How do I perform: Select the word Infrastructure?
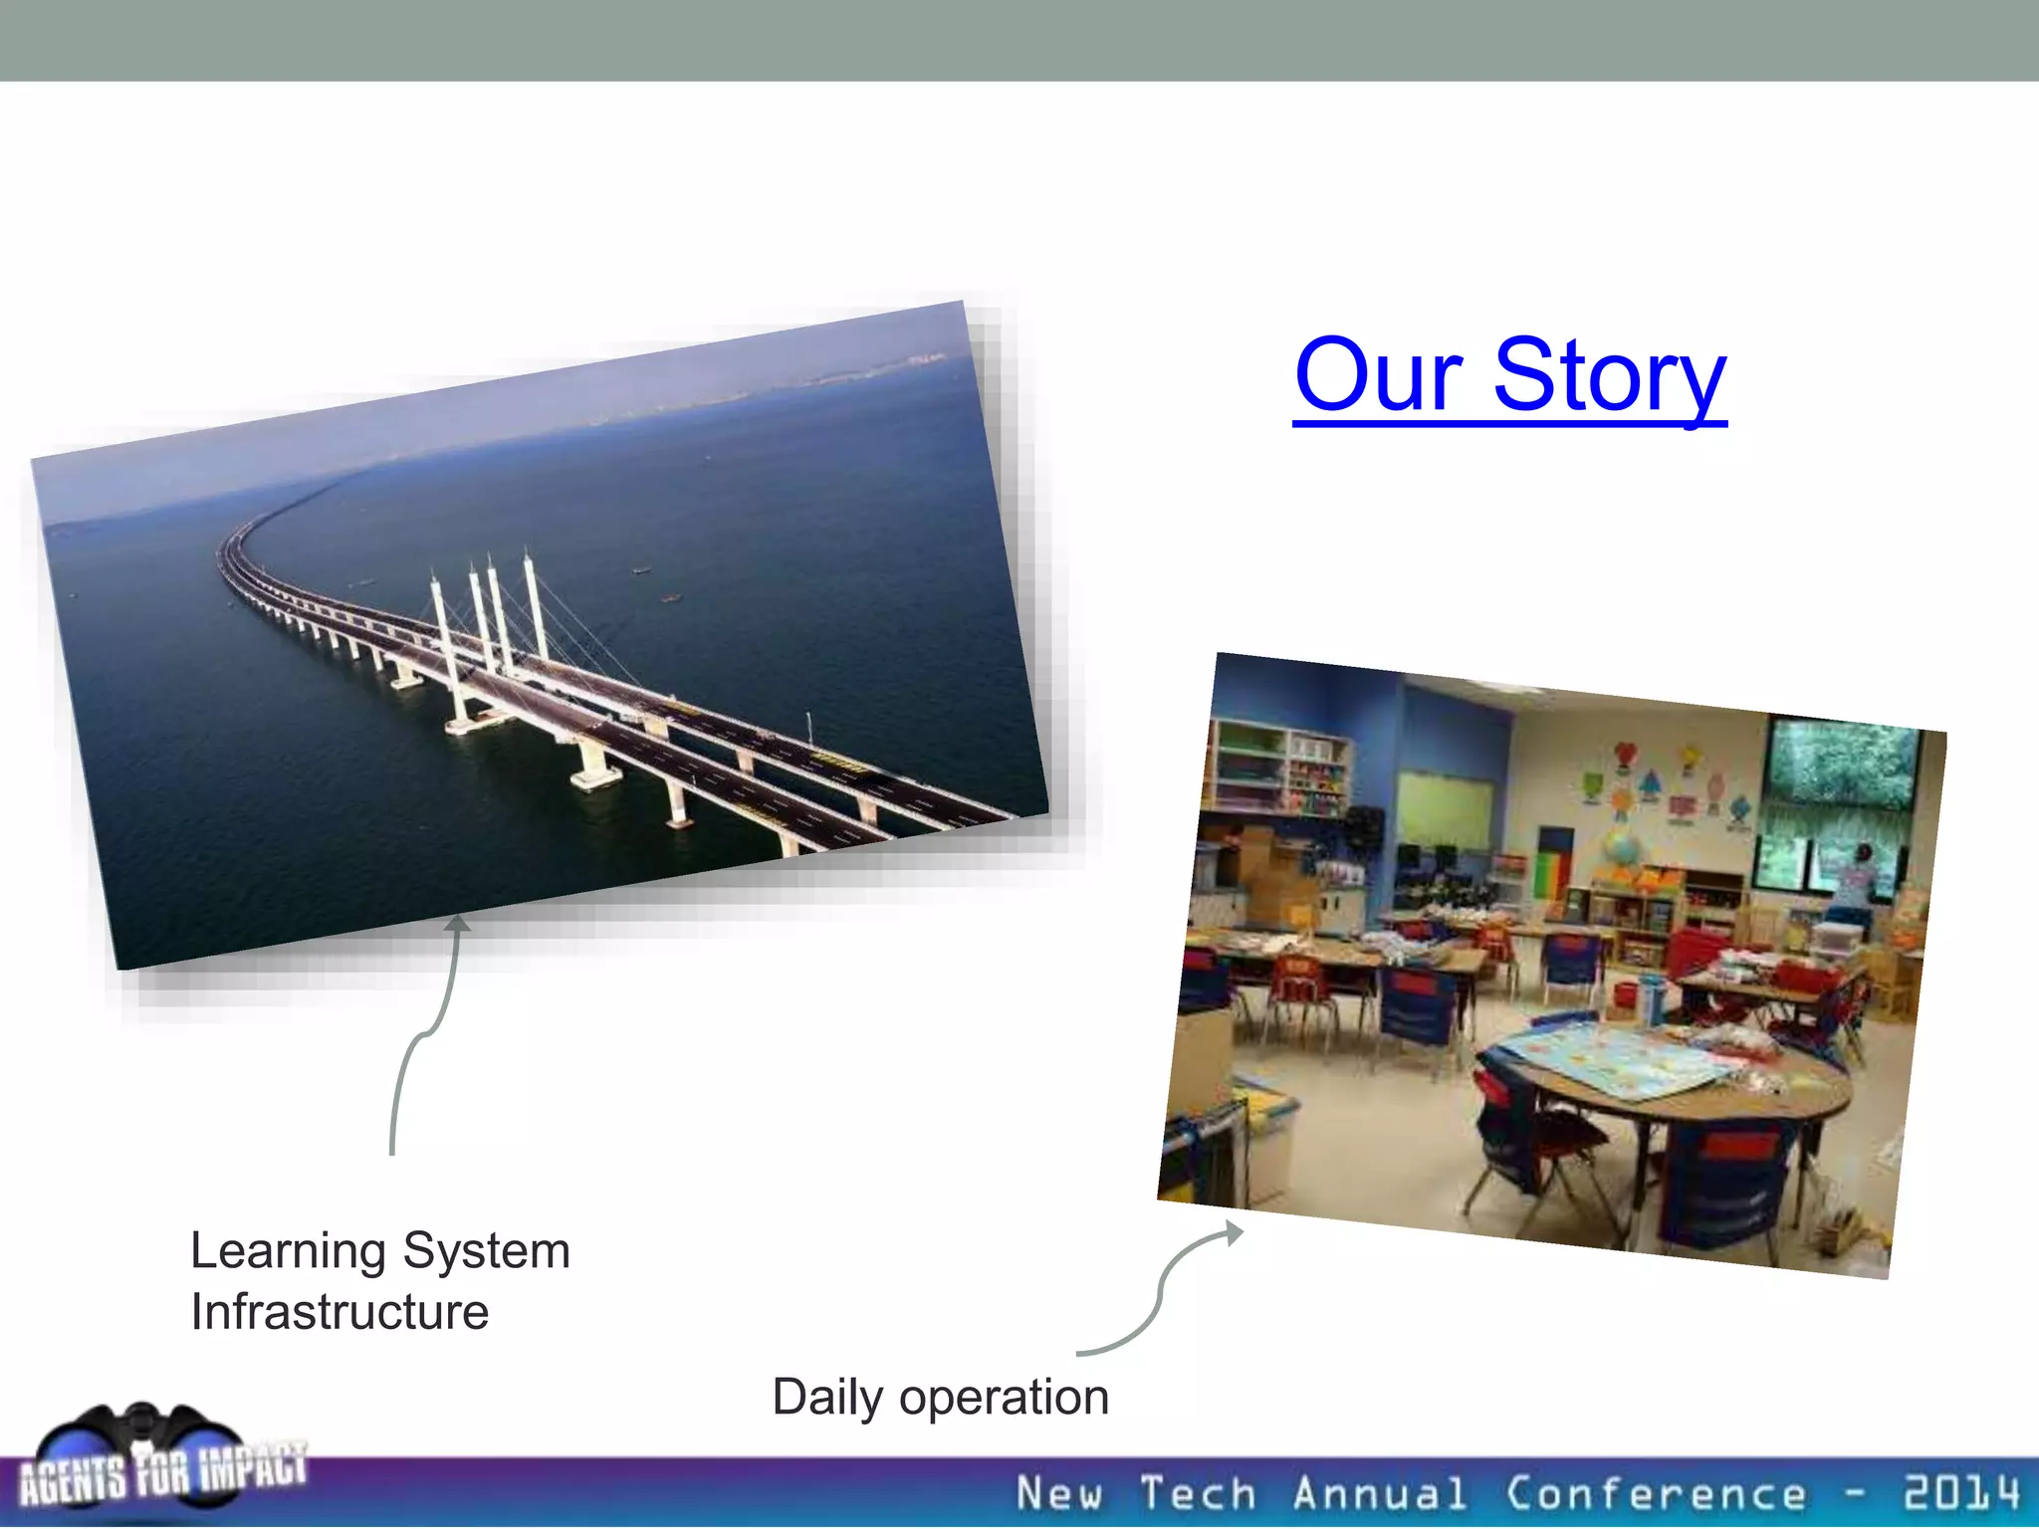(x=340, y=1312)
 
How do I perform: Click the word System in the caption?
(x=486, y=1250)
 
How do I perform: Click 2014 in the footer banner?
(x=1960, y=1493)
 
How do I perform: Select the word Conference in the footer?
(x=1655, y=1494)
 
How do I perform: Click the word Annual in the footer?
(x=1380, y=1494)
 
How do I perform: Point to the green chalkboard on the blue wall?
(x=1446, y=811)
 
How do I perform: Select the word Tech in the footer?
(x=1198, y=1494)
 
